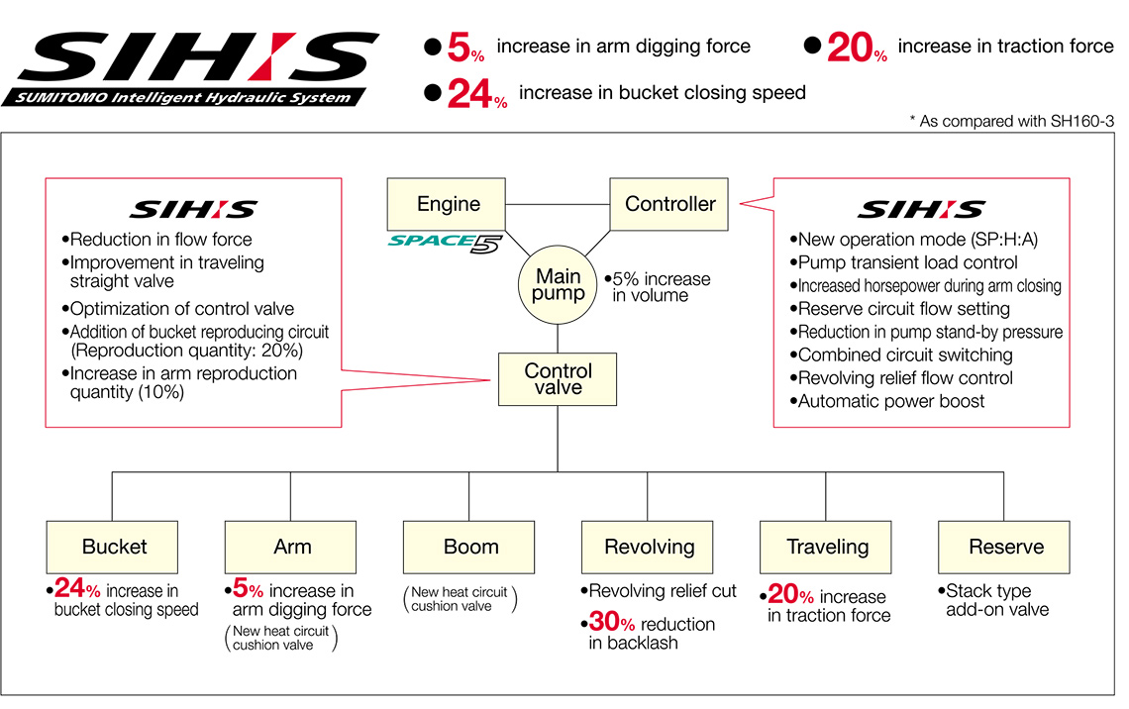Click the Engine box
pos(448,205)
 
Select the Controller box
pos(669,205)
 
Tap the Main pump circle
pos(559,284)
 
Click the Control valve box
pos(559,379)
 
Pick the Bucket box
pos(114,547)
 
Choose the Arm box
pos(292,547)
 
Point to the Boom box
pos(470,547)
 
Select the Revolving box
pos(649,547)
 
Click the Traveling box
pos(827,547)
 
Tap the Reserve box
pos(1005,547)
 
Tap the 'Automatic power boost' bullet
pos(890,401)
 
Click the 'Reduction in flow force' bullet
pos(159,240)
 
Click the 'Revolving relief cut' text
pos(661,591)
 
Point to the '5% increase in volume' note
pos(659,287)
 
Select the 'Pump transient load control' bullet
pos(906,262)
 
